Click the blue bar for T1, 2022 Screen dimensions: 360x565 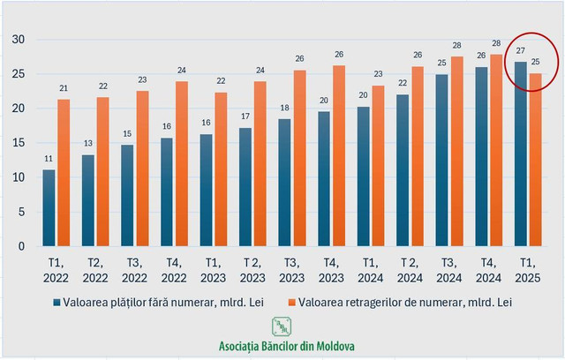49,208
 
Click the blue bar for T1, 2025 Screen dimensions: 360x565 520,154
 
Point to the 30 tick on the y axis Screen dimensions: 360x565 18,40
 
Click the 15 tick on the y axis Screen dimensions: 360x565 18,143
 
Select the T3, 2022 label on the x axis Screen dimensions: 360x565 134,269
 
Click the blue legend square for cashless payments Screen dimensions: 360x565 56,302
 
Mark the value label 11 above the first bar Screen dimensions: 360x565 49,160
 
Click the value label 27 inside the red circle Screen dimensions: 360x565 520,51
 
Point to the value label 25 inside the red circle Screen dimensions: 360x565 536,62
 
